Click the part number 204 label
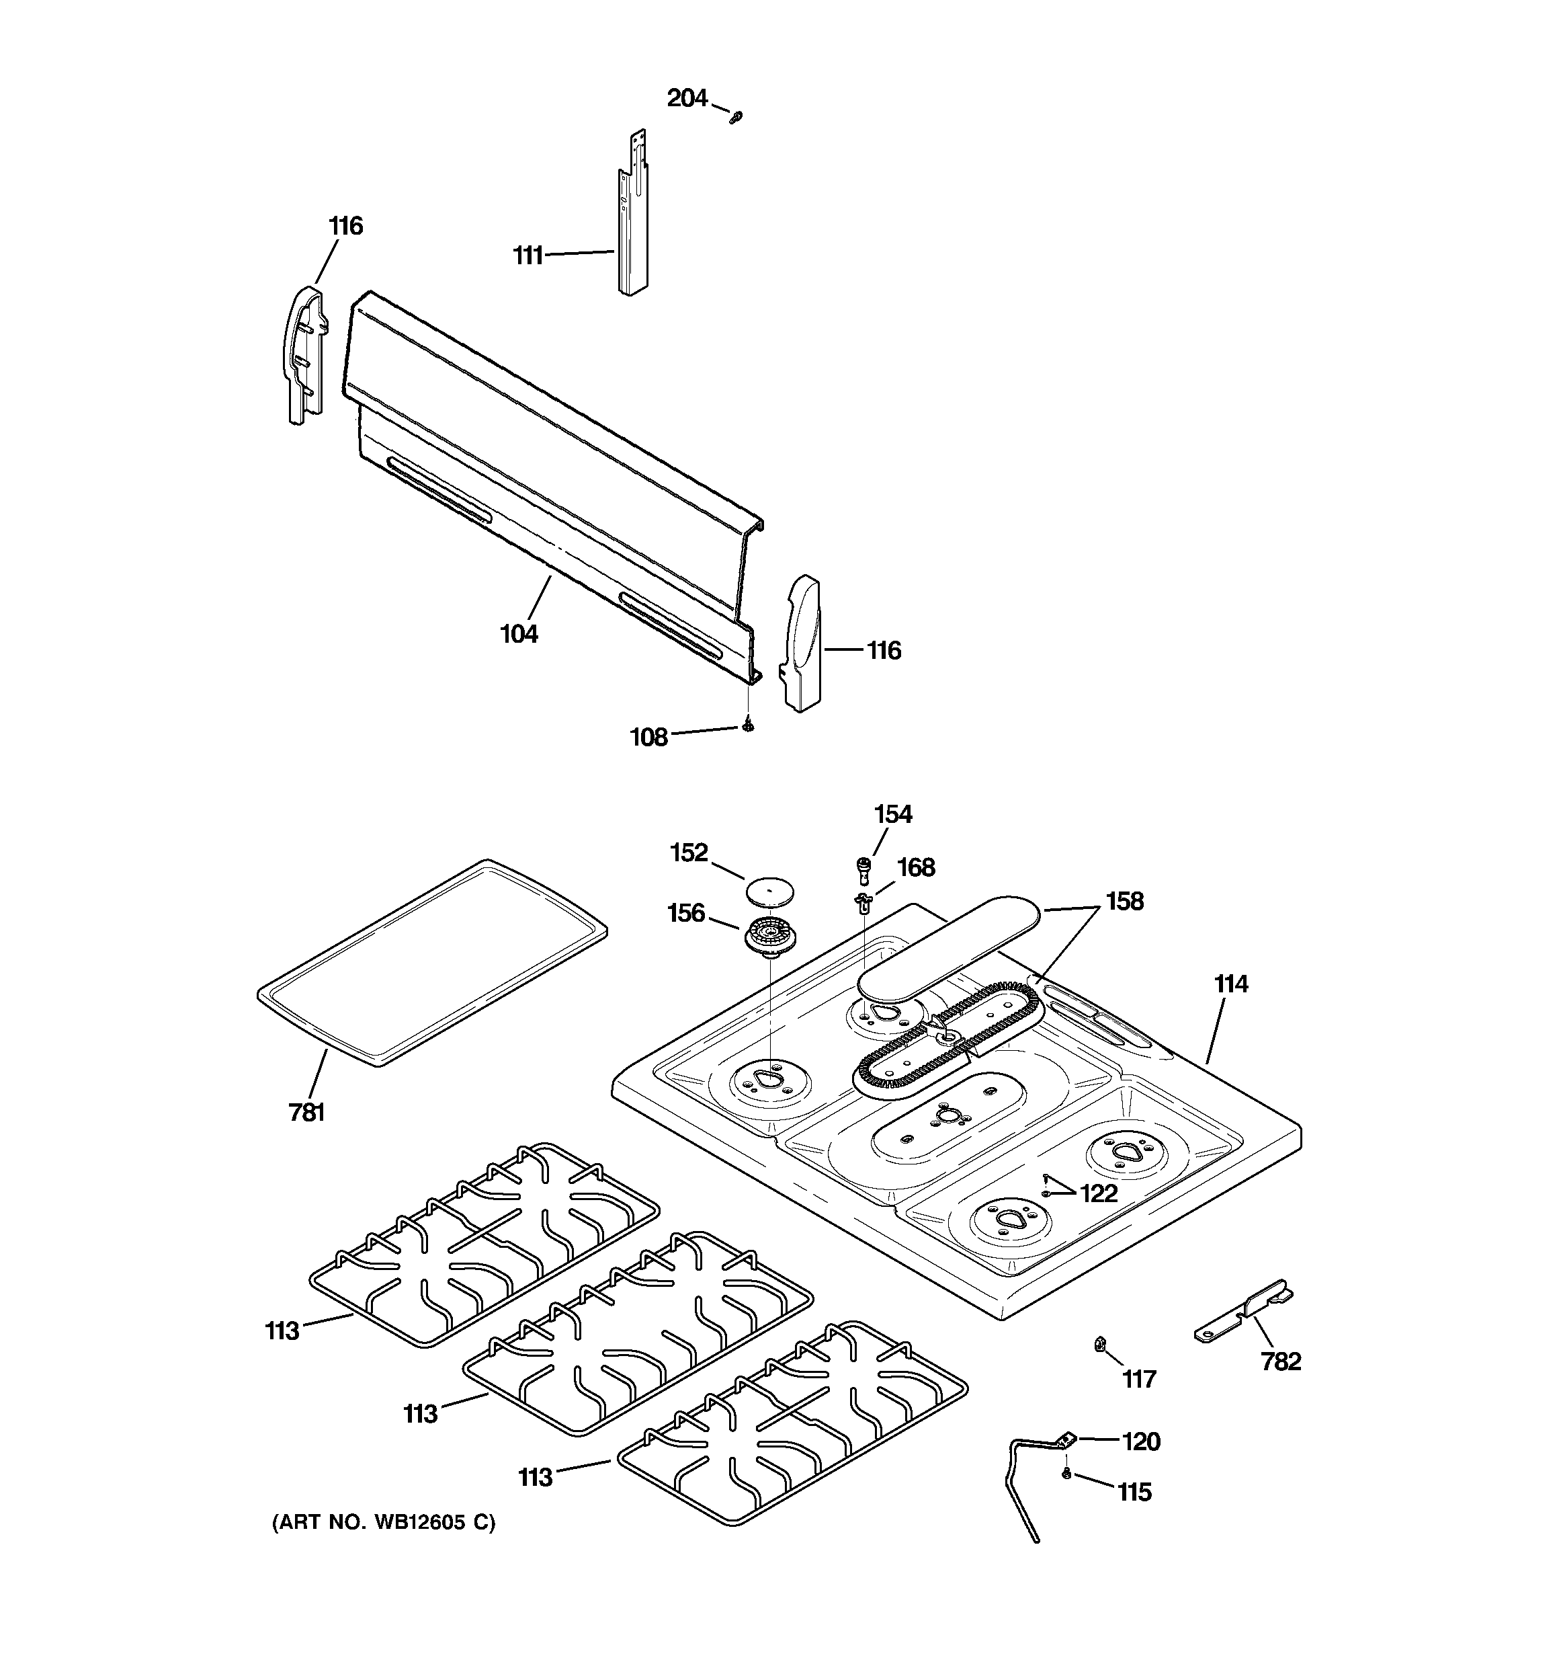click(x=687, y=99)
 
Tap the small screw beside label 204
click(x=736, y=117)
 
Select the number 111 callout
click(x=528, y=255)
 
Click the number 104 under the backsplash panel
click(x=519, y=633)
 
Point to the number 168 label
click(x=917, y=867)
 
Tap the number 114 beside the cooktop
click(x=1231, y=984)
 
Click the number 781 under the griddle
click(x=306, y=1113)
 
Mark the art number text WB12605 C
click(x=383, y=1521)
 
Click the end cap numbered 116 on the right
click(x=801, y=643)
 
